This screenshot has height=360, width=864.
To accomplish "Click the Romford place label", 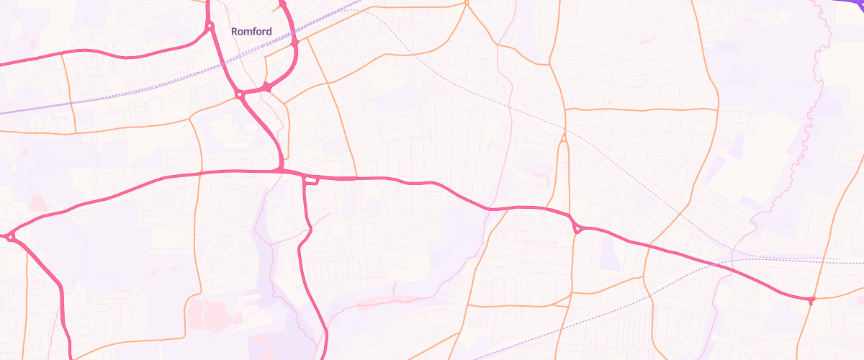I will click(x=251, y=32).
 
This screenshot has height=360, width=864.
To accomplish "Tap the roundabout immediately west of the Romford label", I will click(x=210, y=26).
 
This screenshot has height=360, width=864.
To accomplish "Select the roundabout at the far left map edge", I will click(x=10, y=236).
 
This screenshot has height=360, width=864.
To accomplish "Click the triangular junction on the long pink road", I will click(x=577, y=228).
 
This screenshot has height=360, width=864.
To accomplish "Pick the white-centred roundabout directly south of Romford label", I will click(x=239, y=94).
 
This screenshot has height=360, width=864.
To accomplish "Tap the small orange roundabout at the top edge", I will click(x=467, y=3).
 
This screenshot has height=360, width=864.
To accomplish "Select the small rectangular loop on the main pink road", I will click(x=311, y=180).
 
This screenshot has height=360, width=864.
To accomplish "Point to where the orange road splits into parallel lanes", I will click(x=564, y=140).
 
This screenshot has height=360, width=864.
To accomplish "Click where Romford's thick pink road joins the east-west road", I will click(x=280, y=170).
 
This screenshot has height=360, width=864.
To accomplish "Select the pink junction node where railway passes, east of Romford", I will click(x=294, y=43).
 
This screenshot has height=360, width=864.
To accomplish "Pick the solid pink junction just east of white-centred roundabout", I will click(x=266, y=87).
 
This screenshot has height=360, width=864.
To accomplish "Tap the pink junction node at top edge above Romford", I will click(x=282, y=4).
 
